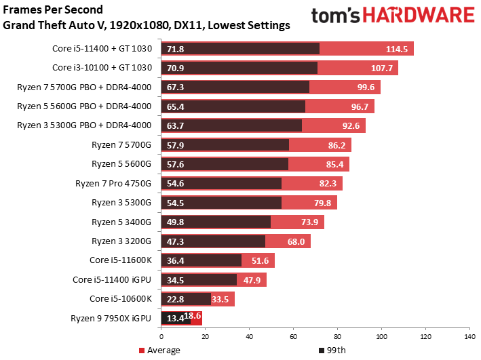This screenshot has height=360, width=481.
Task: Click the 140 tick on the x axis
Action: (x=468, y=336)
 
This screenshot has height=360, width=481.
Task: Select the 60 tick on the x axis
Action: (x=293, y=336)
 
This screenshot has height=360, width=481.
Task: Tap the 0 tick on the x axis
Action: (x=161, y=336)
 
